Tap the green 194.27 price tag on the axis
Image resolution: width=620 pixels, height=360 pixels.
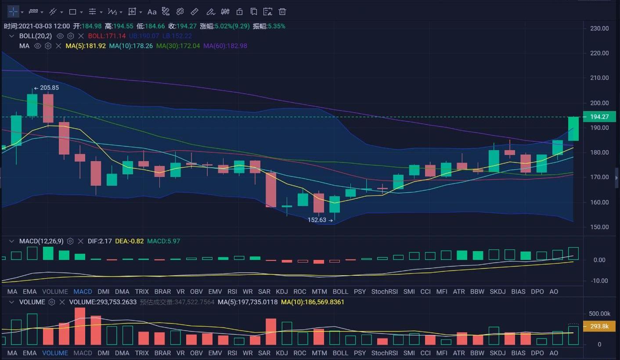[599, 117]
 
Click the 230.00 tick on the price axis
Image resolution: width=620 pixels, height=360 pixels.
[599, 29]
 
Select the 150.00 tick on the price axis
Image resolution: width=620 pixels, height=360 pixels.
[599, 227]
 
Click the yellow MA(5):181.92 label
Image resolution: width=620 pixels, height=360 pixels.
[86, 46]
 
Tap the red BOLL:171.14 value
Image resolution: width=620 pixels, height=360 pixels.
[107, 36]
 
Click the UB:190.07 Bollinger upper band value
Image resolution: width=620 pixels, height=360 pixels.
[144, 36]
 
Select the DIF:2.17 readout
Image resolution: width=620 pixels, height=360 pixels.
[100, 241]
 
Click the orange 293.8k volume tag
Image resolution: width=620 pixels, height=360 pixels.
[599, 327]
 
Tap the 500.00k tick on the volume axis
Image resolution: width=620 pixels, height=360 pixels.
[599, 314]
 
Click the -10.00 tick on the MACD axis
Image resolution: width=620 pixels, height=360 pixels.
[599, 281]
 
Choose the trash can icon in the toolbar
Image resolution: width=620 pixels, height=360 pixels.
[282, 12]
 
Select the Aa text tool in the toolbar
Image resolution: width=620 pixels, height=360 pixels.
[152, 12]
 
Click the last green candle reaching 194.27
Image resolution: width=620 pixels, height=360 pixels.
[573, 129]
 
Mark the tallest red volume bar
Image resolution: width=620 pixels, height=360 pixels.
[80, 326]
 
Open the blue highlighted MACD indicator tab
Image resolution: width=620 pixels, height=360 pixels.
[83, 292]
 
